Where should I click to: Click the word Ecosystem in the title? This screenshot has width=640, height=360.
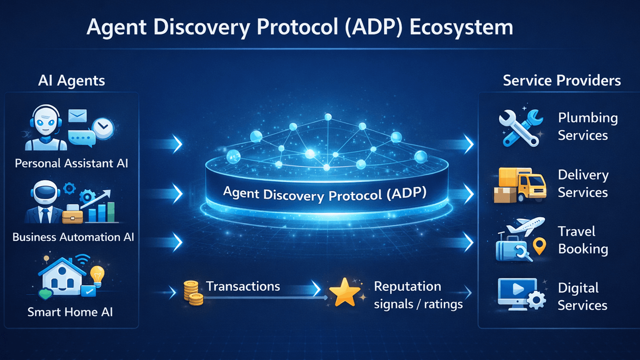click(461, 27)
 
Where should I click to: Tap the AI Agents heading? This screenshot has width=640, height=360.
click(72, 80)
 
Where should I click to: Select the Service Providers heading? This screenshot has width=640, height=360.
click(562, 80)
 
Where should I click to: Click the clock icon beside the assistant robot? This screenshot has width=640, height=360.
click(103, 128)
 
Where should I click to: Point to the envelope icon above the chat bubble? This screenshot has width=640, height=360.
click(78, 116)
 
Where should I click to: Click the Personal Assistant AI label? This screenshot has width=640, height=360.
click(71, 163)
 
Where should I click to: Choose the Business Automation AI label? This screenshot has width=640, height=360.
click(73, 237)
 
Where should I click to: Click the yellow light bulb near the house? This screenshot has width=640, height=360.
click(97, 275)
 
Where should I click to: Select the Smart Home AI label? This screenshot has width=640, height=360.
click(70, 312)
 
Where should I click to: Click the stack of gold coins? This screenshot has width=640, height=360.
click(193, 293)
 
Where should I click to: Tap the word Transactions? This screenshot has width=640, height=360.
click(243, 286)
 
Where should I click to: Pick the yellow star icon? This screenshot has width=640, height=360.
click(344, 293)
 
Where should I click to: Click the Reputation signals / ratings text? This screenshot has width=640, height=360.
click(418, 295)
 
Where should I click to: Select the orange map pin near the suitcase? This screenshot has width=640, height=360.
click(540, 245)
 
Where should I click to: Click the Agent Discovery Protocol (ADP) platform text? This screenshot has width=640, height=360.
click(325, 194)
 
